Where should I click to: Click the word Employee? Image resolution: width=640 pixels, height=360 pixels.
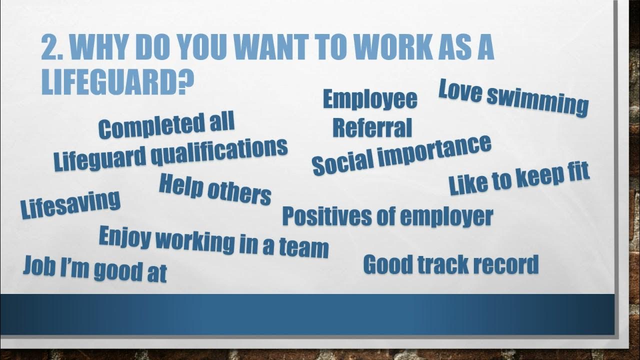(x=370, y=99)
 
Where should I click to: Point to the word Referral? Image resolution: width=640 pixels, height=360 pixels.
(x=372, y=128)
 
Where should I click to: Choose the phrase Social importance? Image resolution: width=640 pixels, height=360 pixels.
(x=401, y=154)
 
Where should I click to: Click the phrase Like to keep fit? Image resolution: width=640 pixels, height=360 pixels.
(x=519, y=177)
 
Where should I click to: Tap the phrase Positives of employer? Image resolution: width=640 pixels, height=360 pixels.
(x=387, y=216)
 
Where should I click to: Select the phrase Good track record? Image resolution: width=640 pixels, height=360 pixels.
(x=450, y=264)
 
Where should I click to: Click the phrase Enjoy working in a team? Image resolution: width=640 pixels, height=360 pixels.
(x=213, y=241)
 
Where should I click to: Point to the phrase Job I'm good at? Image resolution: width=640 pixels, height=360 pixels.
(x=94, y=269)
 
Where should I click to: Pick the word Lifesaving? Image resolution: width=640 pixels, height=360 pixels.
(x=70, y=203)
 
